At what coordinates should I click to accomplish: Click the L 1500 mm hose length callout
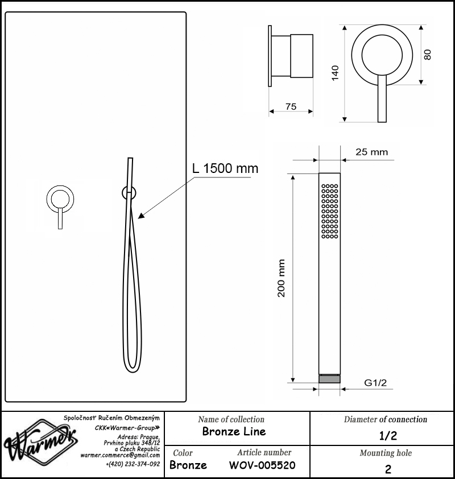click(225, 168)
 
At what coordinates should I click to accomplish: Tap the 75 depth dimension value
click(291, 106)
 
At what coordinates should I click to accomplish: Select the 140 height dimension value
click(336, 73)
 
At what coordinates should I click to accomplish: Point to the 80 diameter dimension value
click(428, 55)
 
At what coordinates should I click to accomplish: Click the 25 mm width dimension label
click(371, 152)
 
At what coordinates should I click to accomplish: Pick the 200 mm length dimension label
click(281, 278)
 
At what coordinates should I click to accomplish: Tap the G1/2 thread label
click(375, 382)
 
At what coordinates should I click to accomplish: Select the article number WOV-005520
click(262, 465)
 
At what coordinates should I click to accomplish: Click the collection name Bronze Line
click(234, 431)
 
